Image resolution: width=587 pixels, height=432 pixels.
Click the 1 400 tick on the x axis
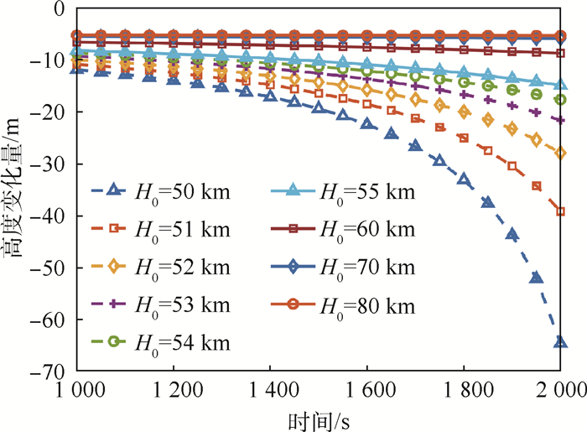point(269,390)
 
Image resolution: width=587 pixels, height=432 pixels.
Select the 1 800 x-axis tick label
point(463,390)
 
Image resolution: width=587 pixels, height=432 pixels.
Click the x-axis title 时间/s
point(314,418)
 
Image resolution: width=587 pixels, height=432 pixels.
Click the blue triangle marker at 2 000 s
point(560,341)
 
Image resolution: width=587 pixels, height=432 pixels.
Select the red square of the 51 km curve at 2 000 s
point(560,211)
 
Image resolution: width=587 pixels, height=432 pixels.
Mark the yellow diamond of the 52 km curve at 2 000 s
point(560,153)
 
